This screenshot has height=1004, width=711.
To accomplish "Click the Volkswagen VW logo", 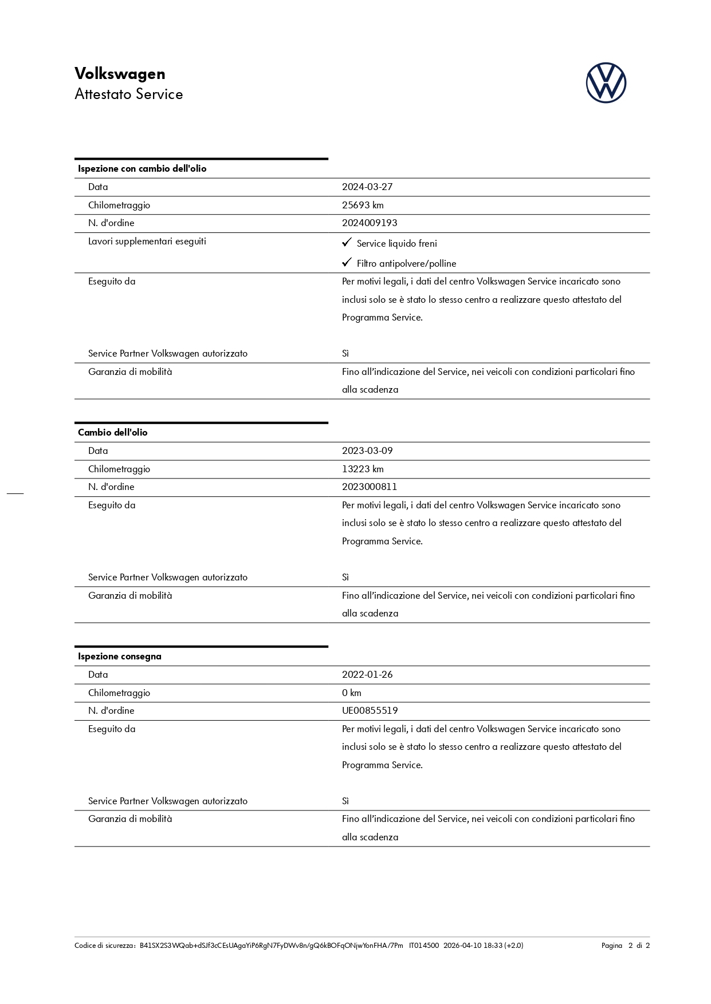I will tap(606, 83).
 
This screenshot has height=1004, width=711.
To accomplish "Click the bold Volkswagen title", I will tap(120, 74).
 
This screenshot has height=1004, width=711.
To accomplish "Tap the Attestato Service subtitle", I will tap(128, 94).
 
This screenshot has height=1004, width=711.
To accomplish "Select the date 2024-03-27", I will tap(367, 187).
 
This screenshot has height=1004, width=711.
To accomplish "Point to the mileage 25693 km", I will tap(363, 205).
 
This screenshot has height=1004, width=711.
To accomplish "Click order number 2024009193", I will tap(370, 223).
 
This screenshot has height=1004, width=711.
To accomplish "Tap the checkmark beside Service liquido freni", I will tap(347, 243).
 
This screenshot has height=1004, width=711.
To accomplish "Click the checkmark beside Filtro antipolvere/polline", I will tap(347, 263).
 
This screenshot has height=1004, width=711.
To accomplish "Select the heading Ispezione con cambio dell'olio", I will tap(142, 169).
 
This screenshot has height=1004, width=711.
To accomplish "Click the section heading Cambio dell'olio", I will tap(112, 433).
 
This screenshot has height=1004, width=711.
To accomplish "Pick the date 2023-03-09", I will tap(367, 451).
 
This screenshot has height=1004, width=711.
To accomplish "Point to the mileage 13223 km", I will tap(363, 469).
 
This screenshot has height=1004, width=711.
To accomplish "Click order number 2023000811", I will tap(370, 487).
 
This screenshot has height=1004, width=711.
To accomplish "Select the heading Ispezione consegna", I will tap(119, 657).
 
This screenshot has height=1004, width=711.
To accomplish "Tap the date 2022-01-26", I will tap(367, 675).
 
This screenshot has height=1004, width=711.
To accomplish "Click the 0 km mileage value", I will tap(352, 693).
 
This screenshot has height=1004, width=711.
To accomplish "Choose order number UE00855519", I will tap(370, 711).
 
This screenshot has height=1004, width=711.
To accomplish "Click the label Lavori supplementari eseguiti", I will tap(147, 242).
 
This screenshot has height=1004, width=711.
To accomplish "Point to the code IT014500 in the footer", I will tap(424, 946).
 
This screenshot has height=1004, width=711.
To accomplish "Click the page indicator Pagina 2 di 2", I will tap(625, 946).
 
